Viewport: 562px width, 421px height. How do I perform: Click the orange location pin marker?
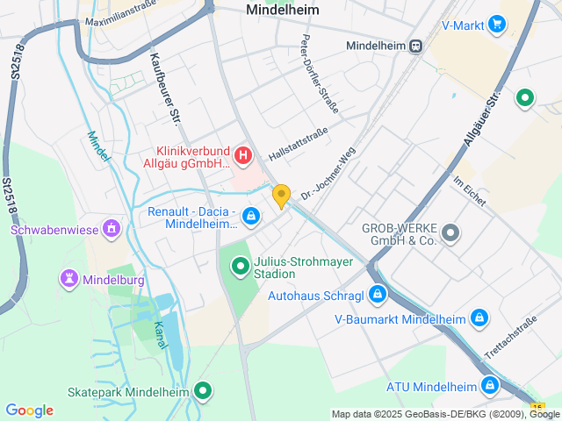(281, 196)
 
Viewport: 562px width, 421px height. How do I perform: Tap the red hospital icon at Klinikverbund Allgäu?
(243, 157)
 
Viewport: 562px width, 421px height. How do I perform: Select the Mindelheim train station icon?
(415, 46)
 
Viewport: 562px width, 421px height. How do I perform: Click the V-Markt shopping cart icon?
(498, 25)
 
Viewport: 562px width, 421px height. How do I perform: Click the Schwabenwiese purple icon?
(112, 230)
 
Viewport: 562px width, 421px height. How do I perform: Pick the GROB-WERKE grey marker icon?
(450, 233)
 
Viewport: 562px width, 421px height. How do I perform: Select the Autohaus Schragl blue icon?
(378, 294)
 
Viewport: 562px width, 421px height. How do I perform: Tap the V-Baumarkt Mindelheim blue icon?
(479, 318)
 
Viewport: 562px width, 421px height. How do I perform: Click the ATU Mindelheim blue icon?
(490, 386)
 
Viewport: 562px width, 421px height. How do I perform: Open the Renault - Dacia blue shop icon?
(251, 215)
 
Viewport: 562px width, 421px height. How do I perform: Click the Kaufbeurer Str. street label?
(165, 89)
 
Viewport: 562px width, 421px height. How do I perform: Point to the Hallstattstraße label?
(298, 143)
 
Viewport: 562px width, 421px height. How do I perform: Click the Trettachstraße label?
(509, 339)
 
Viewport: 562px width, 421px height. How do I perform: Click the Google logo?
(29, 410)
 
